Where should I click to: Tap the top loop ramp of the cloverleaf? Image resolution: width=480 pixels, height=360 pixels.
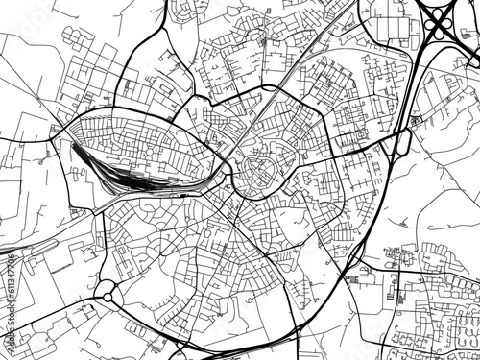click(x=443, y=7)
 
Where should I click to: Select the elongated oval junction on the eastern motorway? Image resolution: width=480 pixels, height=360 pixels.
click(x=402, y=144)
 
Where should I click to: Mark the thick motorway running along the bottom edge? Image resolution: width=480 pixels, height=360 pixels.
click(x=240, y=353)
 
